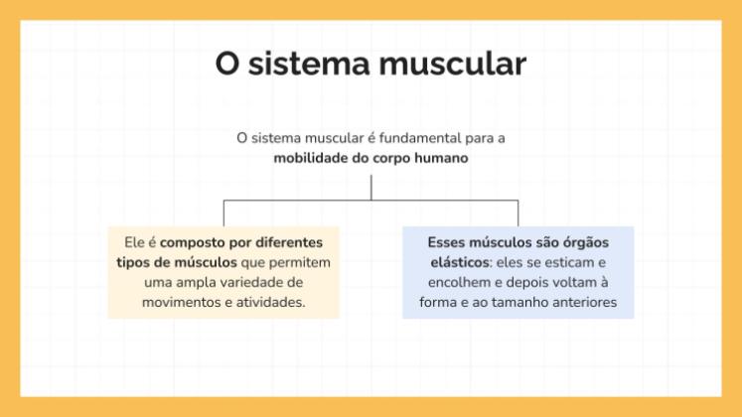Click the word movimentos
pyautogui.click(x=178, y=302)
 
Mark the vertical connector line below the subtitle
pyautogui.click(x=371, y=187)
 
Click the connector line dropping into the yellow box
pyautogui.click(x=223, y=213)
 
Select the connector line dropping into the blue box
pyautogui.click(x=518, y=213)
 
